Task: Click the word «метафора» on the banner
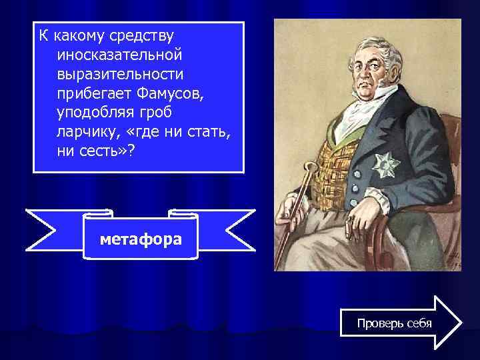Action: [141, 238]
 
